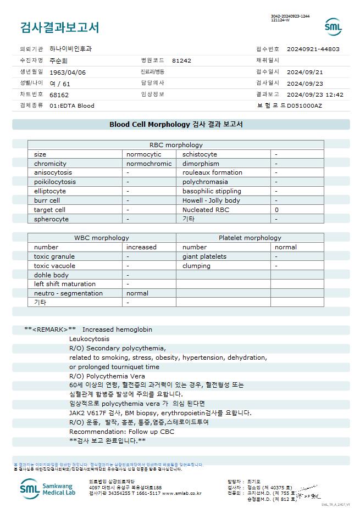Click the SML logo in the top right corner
(333, 26)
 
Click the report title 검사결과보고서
(59, 27)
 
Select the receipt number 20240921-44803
(313, 49)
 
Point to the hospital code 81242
(181, 60)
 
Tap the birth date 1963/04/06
(68, 72)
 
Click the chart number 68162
(59, 94)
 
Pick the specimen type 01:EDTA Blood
(72, 105)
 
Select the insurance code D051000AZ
(304, 105)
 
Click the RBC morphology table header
(176, 145)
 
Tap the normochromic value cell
(149, 164)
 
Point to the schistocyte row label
(200, 154)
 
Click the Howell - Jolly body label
(211, 200)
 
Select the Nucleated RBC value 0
(276, 210)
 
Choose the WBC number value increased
(141, 247)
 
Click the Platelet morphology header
(250, 238)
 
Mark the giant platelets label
(204, 256)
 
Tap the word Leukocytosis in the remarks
(89, 339)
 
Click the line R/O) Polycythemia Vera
(107, 376)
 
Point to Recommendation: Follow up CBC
(121, 432)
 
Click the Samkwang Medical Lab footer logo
(50, 487)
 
